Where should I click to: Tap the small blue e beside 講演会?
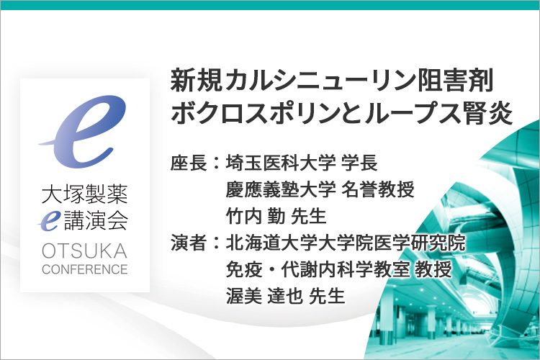(x=50, y=221)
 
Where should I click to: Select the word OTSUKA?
(x=85, y=251)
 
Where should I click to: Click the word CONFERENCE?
(x=85, y=269)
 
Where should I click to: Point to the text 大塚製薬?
(x=85, y=194)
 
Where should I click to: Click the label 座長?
(x=189, y=163)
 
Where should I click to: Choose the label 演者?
(x=189, y=243)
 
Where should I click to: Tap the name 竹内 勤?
(x=256, y=216)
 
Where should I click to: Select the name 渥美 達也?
(x=264, y=296)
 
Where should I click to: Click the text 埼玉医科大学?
(x=281, y=163)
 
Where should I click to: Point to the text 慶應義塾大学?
(x=281, y=189)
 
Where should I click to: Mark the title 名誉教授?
(x=378, y=189)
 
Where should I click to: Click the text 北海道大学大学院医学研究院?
(x=346, y=243)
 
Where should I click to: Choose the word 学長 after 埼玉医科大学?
(x=359, y=163)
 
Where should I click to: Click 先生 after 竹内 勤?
(x=309, y=216)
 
